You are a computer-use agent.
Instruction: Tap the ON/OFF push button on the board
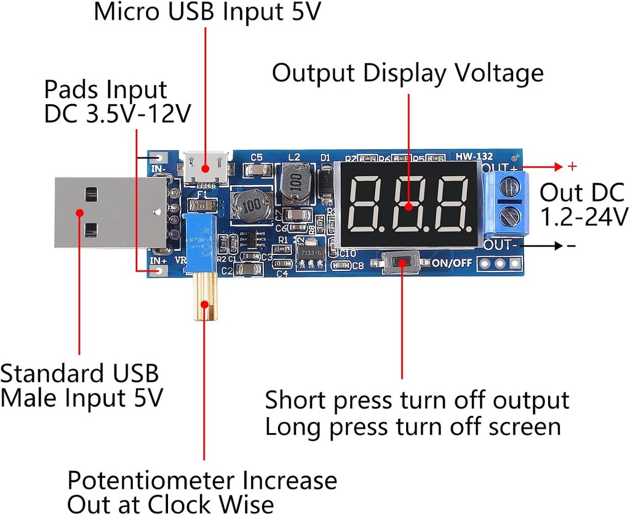coord(402,263)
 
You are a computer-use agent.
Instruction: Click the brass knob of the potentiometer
coord(204,299)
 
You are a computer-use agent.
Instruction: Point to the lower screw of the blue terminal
coord(508,217)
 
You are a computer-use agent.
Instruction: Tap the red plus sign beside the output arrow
coord(572,166)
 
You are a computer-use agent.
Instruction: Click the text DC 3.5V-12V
coord(117,115)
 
